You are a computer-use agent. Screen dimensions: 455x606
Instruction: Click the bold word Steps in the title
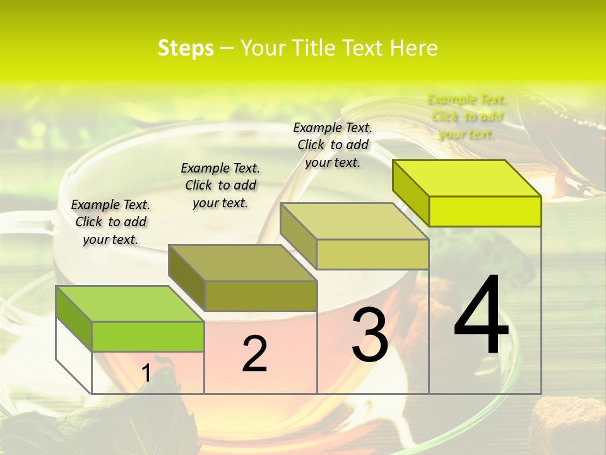point(186,48)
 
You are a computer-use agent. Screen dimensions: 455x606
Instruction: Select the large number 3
point(369,336)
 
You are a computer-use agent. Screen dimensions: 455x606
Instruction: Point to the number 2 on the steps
point(254,354)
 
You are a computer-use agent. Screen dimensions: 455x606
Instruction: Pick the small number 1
point(146,373)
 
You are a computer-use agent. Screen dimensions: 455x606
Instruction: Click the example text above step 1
point(110,222)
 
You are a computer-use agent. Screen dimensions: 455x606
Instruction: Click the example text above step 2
point(220,185)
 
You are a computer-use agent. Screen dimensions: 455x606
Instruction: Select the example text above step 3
point(333,145)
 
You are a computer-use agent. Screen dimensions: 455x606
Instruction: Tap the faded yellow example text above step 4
point(466,116)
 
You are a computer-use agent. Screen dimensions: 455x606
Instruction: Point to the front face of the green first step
point(148,336)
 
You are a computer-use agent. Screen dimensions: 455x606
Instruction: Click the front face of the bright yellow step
point(485,211)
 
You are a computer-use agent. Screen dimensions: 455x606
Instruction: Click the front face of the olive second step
point(261,296)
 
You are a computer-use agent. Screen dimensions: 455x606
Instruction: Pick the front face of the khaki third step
point(372,254)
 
